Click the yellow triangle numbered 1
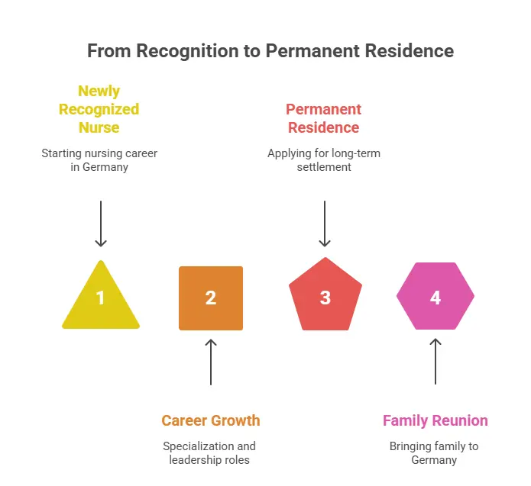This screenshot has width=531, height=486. (x=101, y=301)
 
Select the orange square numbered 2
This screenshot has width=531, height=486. (x=211, y=298)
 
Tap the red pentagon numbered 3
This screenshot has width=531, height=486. (x=325, y=295)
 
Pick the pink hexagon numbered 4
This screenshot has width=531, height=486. (x=435, y=296)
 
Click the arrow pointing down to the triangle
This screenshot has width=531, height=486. (x=101, y=224)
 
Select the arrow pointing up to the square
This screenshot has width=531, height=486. (x=211, y=362)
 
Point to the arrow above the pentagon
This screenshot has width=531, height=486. (x=325, y=224)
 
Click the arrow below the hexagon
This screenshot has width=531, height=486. (x=435, y=362)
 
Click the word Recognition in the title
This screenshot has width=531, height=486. (x=188, y=51)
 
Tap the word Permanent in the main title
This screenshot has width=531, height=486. (x=312, y=50)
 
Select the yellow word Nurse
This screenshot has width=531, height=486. (x=99, y=127)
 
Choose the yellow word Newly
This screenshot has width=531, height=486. (x=99, y=92)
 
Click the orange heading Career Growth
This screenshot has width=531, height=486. (x=211, y=420)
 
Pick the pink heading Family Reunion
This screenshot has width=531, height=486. (x=435, y=420)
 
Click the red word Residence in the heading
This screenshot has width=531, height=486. (x=323, y=127)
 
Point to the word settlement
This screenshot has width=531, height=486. (x=324, y=167)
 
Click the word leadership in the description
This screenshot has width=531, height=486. (x=195, y=460)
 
